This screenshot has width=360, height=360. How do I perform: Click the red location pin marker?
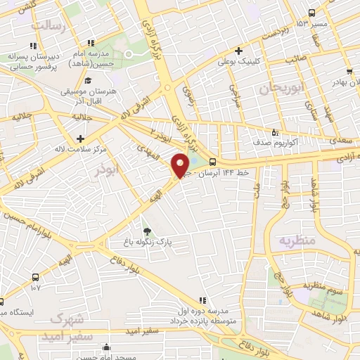tap(181, 166)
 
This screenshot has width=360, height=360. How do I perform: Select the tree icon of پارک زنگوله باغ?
tap(146, 231)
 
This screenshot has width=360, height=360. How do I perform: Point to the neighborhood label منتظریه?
tap(299, 240)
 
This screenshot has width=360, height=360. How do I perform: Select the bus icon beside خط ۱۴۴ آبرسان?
tap(212, 162)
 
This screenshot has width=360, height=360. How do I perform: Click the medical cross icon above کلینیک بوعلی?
tap(239, 51)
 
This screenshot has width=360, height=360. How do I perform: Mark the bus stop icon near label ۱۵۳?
tap(312, 12)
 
